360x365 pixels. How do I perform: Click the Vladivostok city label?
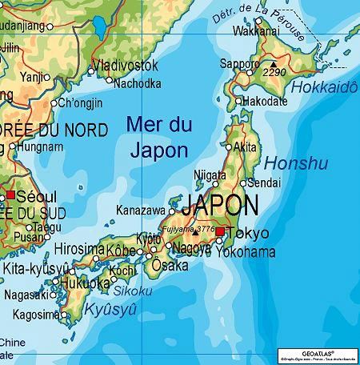(126, 65)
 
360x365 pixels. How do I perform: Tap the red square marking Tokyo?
(221, 232)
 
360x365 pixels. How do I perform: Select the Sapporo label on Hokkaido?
(240, 63)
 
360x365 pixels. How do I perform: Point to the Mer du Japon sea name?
(158, 136)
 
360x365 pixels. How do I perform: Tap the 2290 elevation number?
(275, 72)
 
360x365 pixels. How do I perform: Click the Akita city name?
(245, 146)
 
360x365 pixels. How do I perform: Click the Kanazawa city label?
(140, 210)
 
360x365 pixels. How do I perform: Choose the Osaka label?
(170, 265)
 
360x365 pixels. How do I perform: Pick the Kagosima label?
(31, 315)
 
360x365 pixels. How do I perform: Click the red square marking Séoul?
(10, 195)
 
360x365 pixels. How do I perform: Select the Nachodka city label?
(138, 82)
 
